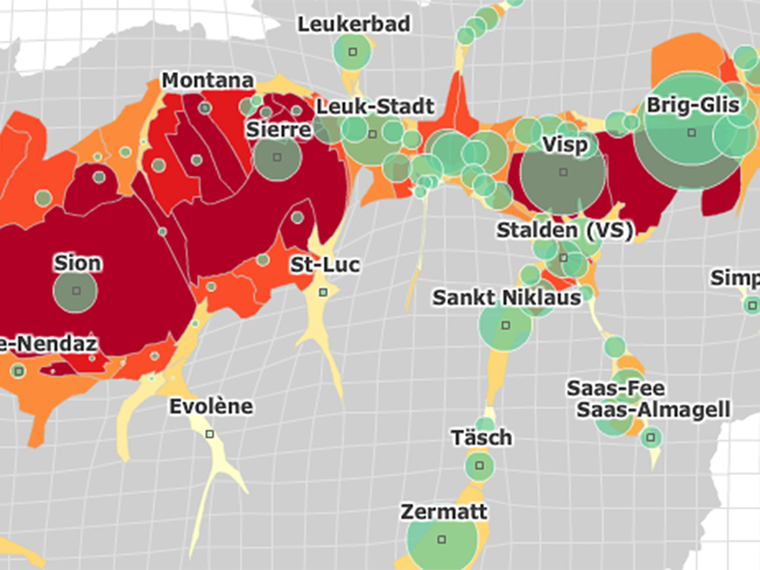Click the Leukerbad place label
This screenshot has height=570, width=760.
point(354,24)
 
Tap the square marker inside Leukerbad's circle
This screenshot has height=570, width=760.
point(352,51)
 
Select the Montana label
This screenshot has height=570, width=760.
point(208,80)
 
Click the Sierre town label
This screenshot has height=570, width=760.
point(278,130)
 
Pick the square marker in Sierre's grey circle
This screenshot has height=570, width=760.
point(277,157)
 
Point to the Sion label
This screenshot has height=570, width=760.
point(77,263)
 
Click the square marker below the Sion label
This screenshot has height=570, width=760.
point(76,291)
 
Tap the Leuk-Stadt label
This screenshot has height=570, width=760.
point(375,107)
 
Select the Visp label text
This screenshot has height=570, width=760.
point(565,145)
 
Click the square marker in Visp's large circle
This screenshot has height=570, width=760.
point(563,172)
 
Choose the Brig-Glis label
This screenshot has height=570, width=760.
point(693,105)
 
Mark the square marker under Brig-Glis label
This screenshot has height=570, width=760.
point(692,133)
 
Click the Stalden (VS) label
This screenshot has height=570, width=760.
point(565,230)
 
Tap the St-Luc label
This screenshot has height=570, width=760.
point(325,265)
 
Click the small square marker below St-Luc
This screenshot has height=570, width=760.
point(323,292)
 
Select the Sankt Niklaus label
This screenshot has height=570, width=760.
point(507,298)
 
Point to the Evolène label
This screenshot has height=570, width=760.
point(211,407)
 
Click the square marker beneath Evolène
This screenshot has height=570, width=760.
point(209,434)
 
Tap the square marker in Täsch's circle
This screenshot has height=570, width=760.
point(479,465)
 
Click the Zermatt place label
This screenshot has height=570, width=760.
point(444,512)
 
